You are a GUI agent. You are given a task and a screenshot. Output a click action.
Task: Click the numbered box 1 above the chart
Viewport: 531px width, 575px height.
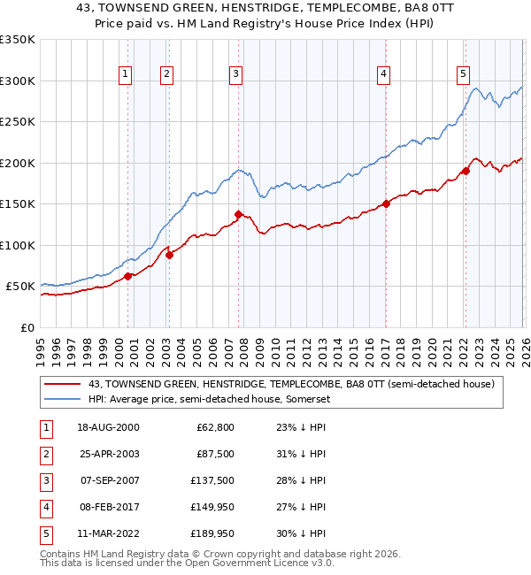pos(126,75)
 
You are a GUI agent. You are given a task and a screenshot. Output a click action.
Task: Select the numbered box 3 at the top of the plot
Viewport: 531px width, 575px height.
pos(236,75)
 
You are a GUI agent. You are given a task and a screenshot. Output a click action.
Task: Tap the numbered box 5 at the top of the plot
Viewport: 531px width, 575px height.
pos(464,75)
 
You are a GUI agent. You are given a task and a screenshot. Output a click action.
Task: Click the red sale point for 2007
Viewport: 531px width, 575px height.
pos(238,214)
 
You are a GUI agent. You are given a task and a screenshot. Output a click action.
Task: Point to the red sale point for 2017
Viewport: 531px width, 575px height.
pos(386,203)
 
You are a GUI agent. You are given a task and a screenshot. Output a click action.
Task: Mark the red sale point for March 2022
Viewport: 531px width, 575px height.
pos(466,171)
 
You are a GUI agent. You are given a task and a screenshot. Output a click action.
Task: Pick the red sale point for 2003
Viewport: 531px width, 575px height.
pos(170,255)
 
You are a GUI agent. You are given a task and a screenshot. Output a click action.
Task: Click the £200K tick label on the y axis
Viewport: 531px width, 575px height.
pos(18,163)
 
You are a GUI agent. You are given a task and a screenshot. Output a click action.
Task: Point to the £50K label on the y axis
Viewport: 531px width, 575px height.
pos(20,287)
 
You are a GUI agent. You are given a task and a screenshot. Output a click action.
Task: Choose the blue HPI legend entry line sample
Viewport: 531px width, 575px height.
pos(63,399)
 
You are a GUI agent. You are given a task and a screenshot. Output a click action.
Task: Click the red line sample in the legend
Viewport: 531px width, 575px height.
pos(63,384)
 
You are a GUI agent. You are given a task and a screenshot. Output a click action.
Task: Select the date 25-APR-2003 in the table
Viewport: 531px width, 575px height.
pos(108,454)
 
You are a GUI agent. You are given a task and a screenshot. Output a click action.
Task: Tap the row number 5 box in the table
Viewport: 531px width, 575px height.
pos(43,533)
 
